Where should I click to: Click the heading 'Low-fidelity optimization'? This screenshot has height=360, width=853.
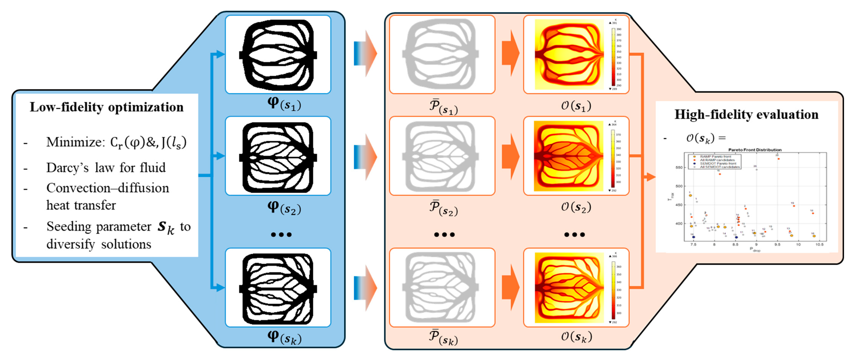pos(106,107)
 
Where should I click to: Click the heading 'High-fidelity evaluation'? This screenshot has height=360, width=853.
pos(746,115)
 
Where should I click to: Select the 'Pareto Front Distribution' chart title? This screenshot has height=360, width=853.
pos(755,150)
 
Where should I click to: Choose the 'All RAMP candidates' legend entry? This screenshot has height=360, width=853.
pos(717,160)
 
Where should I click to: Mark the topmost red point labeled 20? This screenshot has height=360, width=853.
pos(779,159)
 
